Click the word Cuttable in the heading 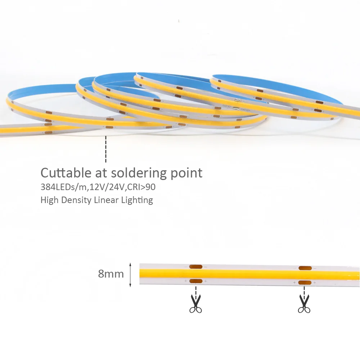point(66,173)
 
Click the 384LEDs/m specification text point(64,187)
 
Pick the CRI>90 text point(141,187)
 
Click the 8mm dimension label point(111,274)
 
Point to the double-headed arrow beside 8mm point(130,275)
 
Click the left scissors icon point(195,303)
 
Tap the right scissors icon point(304,303)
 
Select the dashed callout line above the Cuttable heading point(105,149)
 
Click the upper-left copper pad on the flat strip point(196,267)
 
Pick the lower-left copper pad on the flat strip point(196,281)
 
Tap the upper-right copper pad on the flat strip point(305,268)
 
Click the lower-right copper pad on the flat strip point(305,283)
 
